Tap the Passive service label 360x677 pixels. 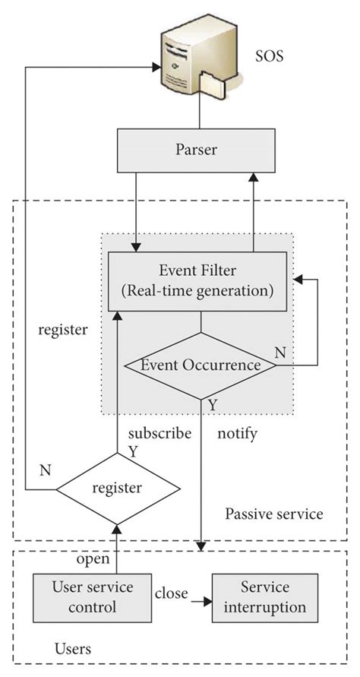pyautogui.click(x=273, y=514)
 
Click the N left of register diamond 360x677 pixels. pyautogui.click(x=45, y=470)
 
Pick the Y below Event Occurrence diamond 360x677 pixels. pyautogui.click(x=212, y=405)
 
